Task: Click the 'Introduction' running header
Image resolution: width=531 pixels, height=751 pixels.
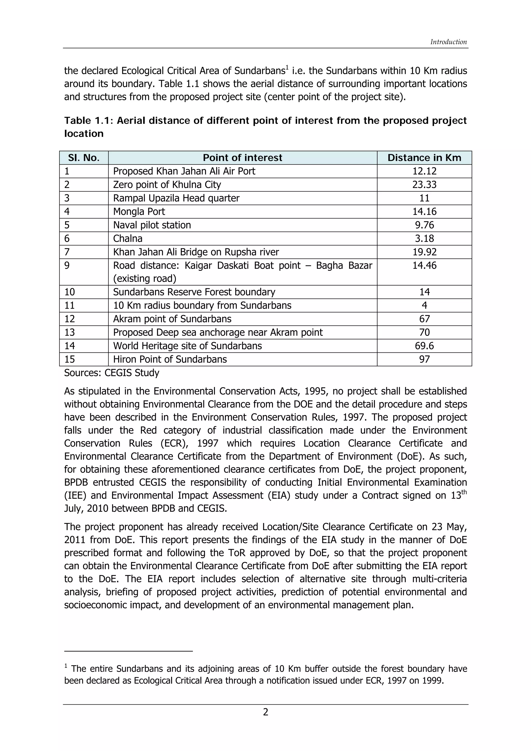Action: pos(448,42)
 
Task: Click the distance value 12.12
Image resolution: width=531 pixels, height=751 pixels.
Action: pos(424,171)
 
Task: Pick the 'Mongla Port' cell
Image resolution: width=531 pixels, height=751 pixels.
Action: pos(139,212)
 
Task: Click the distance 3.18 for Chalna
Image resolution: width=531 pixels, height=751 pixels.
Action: pos(424,238)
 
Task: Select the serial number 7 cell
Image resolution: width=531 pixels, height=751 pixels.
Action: pos(67,252)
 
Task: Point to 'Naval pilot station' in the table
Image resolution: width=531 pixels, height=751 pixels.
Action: pos(152,225)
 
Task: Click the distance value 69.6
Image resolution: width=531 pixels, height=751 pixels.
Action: pos(424,346)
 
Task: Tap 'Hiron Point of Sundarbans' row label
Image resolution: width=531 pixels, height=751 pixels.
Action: pos(170,359)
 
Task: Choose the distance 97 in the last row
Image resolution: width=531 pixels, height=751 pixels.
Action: pos(424,359)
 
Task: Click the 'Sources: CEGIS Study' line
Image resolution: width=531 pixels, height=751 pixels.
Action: pos(111,373)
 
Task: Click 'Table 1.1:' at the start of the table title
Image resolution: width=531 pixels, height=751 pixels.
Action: pos(88,121)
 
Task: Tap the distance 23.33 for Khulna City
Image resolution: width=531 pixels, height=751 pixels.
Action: pos(424,185)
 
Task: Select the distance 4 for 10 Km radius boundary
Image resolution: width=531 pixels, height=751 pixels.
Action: pos(424,306)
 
